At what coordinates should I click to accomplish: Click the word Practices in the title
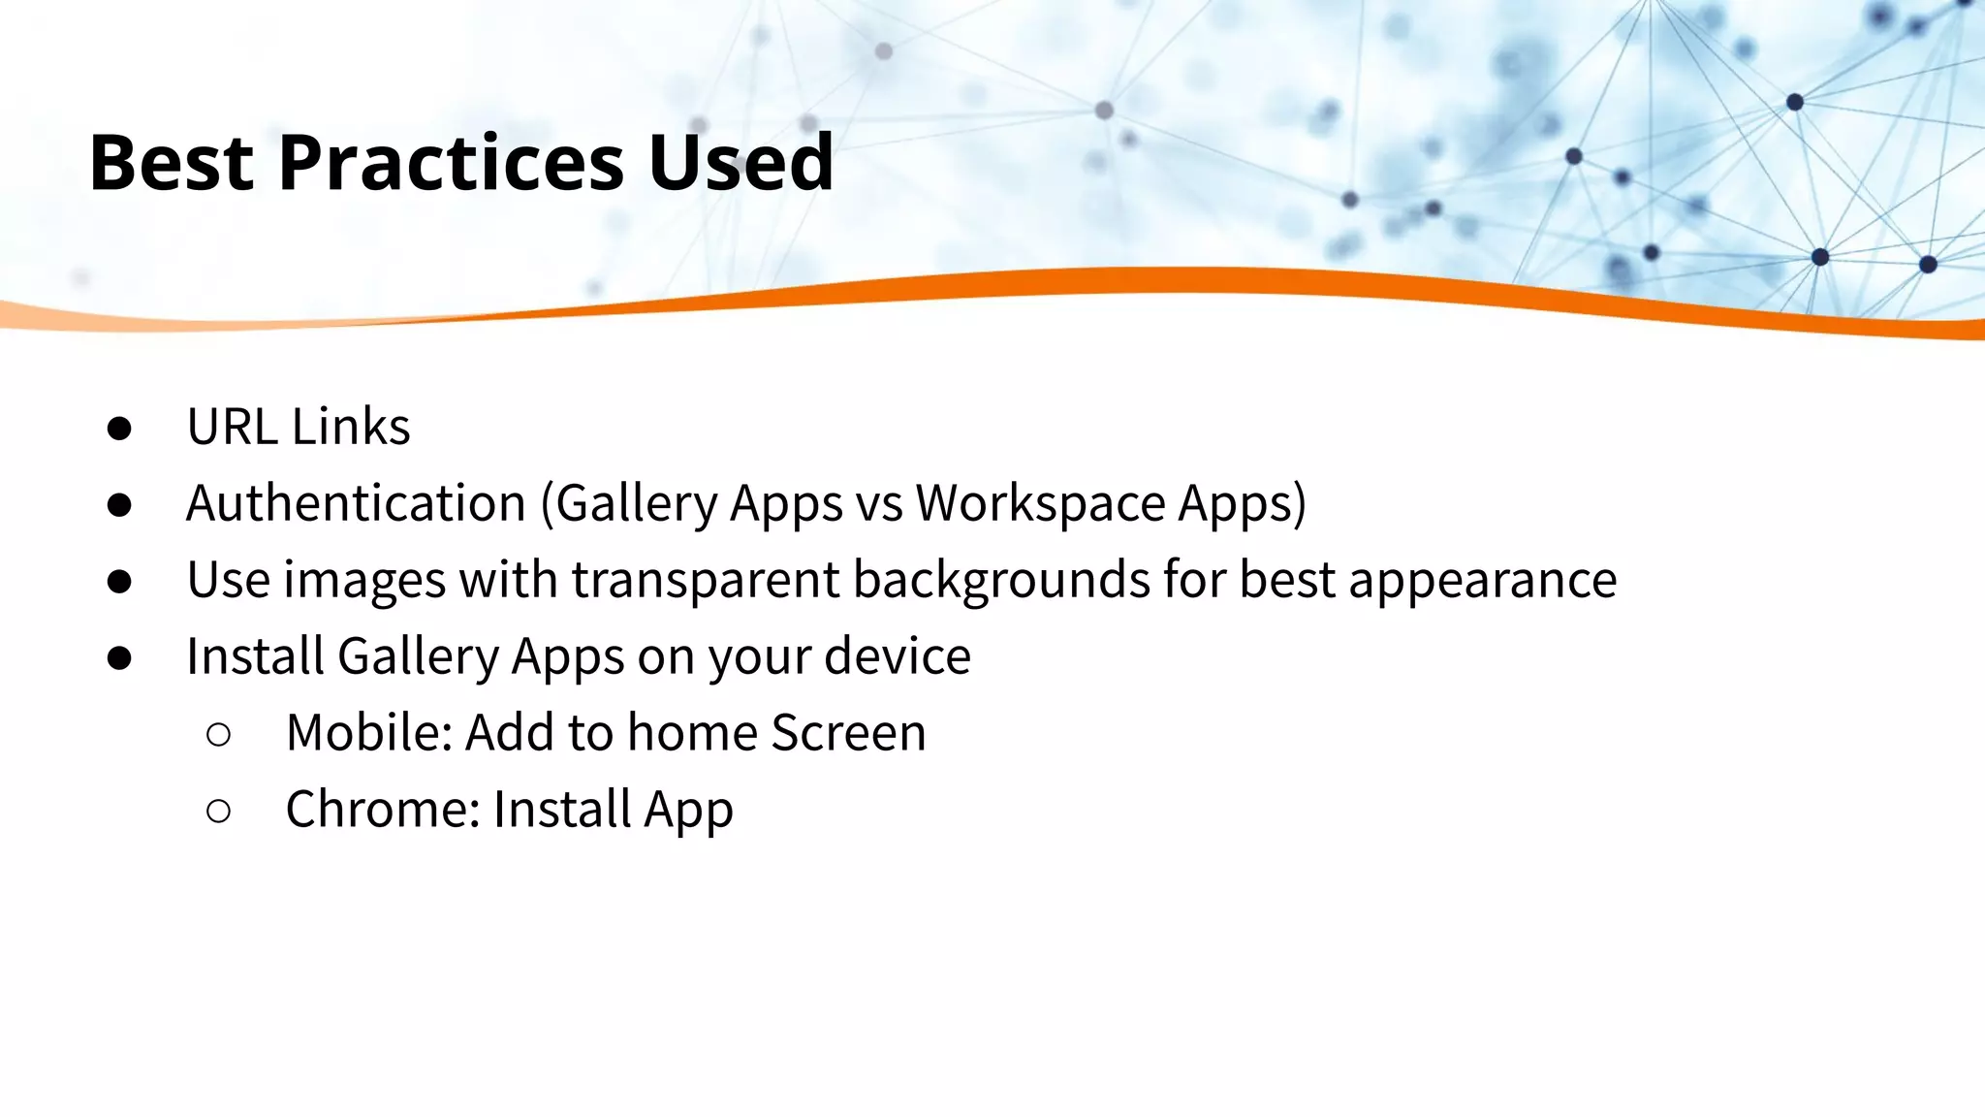[x=451, y=162]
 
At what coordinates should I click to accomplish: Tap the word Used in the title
[x=740, y=162]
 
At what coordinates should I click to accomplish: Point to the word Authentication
[x=356, y=503]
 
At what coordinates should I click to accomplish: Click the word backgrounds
[x=1002, y=580]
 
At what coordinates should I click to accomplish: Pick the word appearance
[x=1482, y=580]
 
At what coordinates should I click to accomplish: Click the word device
[x=898, y=656]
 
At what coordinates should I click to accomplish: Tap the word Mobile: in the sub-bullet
[x=369, y=733]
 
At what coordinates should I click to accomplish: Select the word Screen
[x=848, y=733]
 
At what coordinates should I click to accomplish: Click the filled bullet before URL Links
[x=119, y=429]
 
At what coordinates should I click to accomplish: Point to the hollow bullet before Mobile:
[x=219, y=735]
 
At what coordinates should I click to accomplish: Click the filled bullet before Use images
[x=119, y=582]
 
